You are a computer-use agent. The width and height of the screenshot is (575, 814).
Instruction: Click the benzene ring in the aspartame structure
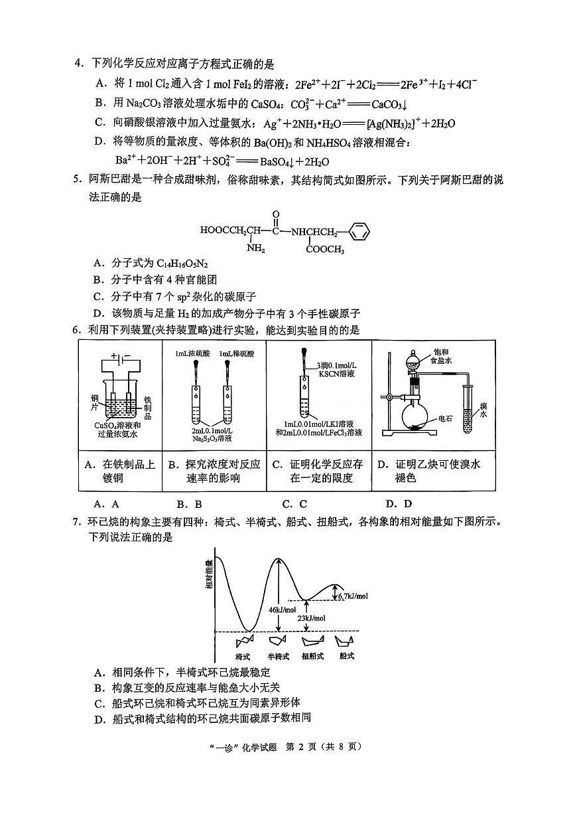point(357,232)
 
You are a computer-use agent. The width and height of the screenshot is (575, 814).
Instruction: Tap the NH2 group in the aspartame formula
point(255,249)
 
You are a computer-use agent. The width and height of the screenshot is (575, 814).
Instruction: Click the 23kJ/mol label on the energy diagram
point(312,618)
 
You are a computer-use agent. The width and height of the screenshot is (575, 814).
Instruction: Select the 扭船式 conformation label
point(312,656)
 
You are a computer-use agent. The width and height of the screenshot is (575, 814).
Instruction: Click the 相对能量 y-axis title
point(209,573)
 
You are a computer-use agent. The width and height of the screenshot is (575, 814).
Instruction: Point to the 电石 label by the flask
point(445,420)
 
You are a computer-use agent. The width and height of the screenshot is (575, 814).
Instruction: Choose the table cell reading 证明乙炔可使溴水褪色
point(433,471)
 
